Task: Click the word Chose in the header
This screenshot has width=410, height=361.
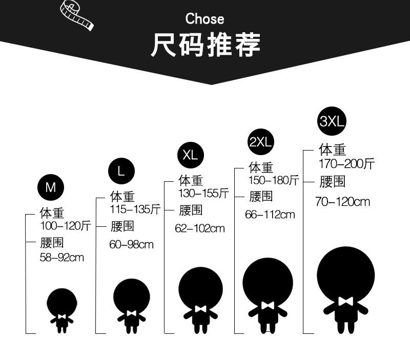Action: pyautogui.click(x=204, y=19)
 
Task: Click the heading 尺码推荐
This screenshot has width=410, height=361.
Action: pyautogui.click(x=205, y=45)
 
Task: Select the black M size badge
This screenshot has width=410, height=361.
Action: pyautogui.click(x=50, y=187)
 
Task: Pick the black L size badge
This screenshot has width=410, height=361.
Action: pyautogui.click(x=121, y=171)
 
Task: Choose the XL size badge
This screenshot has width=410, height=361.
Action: pyautogui.click(x=190, y=155)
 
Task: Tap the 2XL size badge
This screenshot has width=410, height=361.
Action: pyautogui.click(x=260, y=142)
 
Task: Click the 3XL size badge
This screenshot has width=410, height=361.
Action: pyautogui.click(x=333, y=121)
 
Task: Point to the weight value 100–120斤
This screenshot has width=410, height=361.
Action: pyautogui.click(x=65, y=225)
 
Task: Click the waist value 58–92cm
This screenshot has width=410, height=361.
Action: pyautogui.click(x=61, y=257)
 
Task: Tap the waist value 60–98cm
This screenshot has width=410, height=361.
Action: pyautogui.click(x=131, y=245)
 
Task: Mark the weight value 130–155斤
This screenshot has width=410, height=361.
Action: pyautogui.click(x=203, y=193)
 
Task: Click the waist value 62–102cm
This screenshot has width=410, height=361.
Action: pyautogui.click(x=200, y=228)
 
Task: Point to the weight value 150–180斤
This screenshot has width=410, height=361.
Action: pyautogui.click(x=274, y=180)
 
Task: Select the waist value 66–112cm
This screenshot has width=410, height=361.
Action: pyautogui.click(x=270, y=215)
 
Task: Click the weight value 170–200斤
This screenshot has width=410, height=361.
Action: pyautogui.click(x=346, y=163)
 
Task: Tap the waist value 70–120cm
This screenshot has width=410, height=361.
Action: pyautogui.click(x=342, y=202)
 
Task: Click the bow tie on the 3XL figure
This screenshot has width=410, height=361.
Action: pyautogui.click(x=345, y=301)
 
